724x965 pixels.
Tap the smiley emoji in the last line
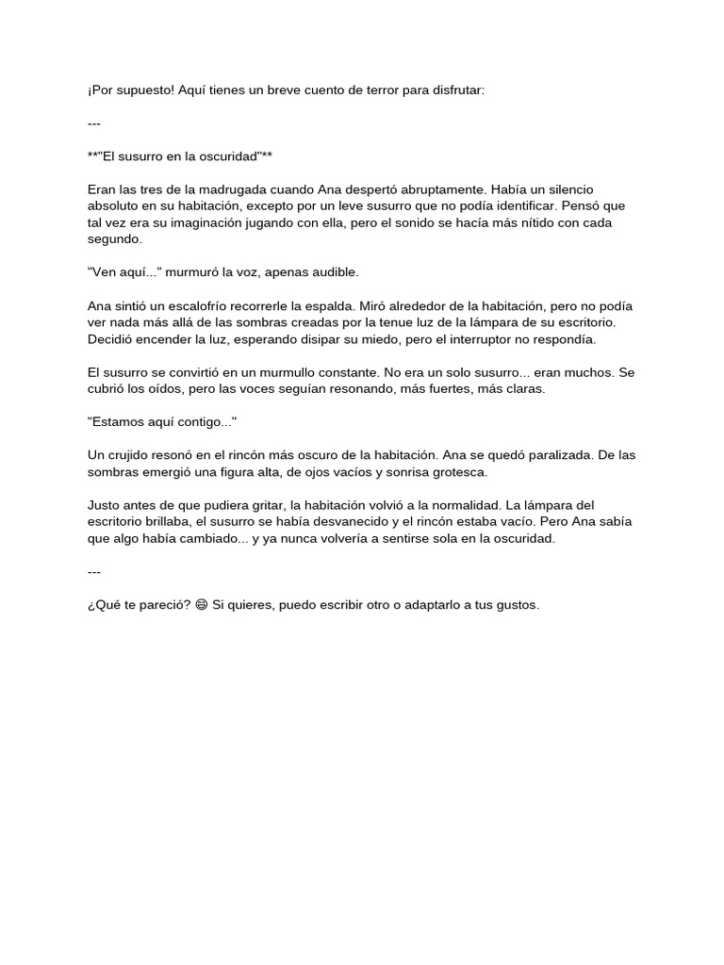200,605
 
